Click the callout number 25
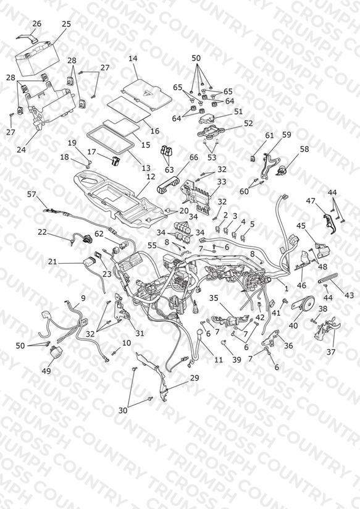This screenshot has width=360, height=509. click(66, 24)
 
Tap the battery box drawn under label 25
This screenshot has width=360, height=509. click(36, 61)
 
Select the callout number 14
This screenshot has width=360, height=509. click(133, 59)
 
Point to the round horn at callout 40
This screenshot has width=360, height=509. click(306, 304)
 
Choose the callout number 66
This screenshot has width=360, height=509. click(193, 158)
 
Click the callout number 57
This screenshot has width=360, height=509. click(31, 194)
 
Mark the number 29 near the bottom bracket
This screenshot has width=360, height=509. click(195, 378)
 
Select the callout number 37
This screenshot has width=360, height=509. click(331, 351)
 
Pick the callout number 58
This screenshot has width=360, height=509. click(304, 149)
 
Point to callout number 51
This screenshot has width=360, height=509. click(238, 112)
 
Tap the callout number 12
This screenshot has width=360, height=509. click(151, 177)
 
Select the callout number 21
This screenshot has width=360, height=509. click(52, 261)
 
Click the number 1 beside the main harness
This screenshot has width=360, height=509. click(287, 288)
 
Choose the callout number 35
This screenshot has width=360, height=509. click(214, 298)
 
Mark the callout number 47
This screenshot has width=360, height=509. click(311, 201)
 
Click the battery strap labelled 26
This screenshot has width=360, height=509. click(27, 37)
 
